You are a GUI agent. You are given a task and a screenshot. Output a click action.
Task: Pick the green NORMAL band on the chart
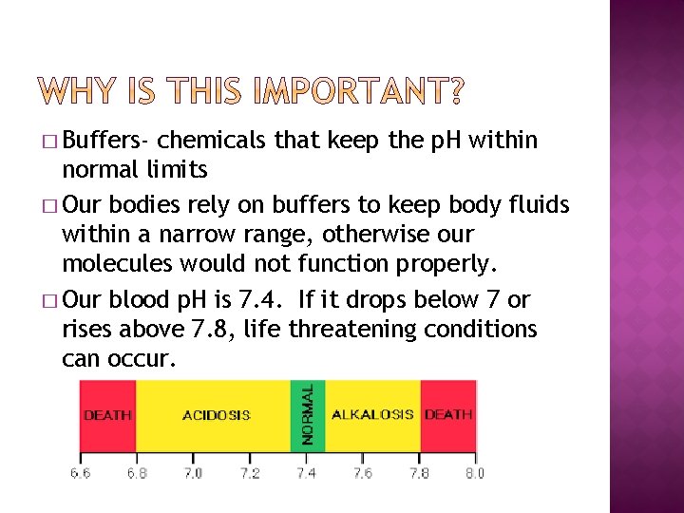pyautogui.click(x=307, y=414)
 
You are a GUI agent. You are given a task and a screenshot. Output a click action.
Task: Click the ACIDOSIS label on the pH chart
pyautogui.click(x=216, y=415)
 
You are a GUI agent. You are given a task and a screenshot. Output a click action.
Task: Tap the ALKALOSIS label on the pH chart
pyautogui.click(x=371, y=414)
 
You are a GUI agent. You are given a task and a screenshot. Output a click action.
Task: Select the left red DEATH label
pyautogui.click(x=107, y=415)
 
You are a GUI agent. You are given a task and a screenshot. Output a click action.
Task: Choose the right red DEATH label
pyautogui.click(x=447, y=414)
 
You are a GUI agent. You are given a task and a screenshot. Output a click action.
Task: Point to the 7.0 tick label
pyautogui.click(x=193, y=472)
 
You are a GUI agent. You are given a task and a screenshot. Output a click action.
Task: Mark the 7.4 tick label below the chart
pyautogui.click(x=306, y=472)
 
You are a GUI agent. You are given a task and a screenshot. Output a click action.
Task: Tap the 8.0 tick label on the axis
pyautogui.click(x=474, y=472)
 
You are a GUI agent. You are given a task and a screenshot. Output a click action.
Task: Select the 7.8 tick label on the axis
pyautogui.click(x=419, y=472)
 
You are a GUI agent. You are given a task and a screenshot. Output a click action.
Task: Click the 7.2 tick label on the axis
pyautogui.click(x=249, y=472)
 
